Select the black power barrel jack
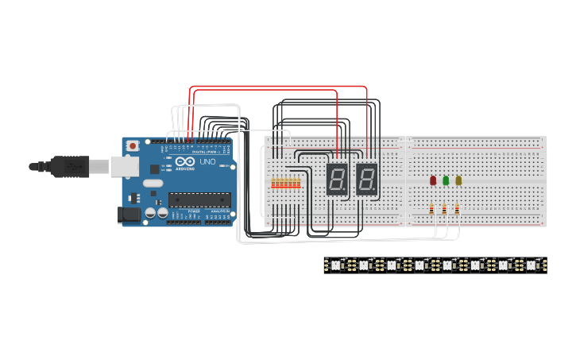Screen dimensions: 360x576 click(127, 215)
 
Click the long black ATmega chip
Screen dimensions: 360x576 click(199, 199)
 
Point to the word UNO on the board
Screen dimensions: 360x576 click(207, 162)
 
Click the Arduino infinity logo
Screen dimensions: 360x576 click(184, 161)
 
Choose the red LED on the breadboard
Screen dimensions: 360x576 click(433, 180)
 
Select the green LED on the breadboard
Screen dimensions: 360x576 click(446, 180)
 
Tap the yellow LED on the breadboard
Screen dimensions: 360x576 click(458, 180)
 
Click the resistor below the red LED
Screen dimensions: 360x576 click(431, 209)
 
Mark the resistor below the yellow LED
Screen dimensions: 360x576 click(457, 209)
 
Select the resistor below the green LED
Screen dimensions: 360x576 click(444, 209)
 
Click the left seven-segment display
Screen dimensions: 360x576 click(337, 180)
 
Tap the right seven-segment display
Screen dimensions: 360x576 click(366, 180)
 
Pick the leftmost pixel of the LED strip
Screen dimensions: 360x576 click(336, 265)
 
